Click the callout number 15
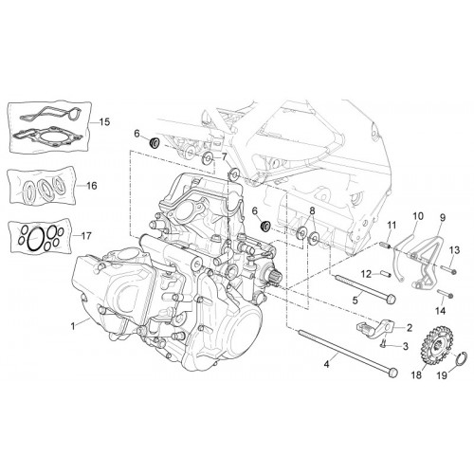(x=104, y=121)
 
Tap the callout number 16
(x=92, y=186)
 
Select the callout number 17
(x=86, y=236)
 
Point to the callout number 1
(x=73, y=326)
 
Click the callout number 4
(x=326, y=364)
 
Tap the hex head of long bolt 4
(x=392, y=373)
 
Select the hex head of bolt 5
(x=392, y=299)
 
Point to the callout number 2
(x=410, y=328)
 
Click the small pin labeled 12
(x=387, y=273)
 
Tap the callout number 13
(x=455, y=250)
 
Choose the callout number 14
(x=440, y=311)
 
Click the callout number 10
(x=418, y=216)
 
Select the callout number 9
(x=443, y=217)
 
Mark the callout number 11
(x=392, y=226)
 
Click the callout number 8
(x=312, y=210)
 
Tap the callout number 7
(x=224, y=156)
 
